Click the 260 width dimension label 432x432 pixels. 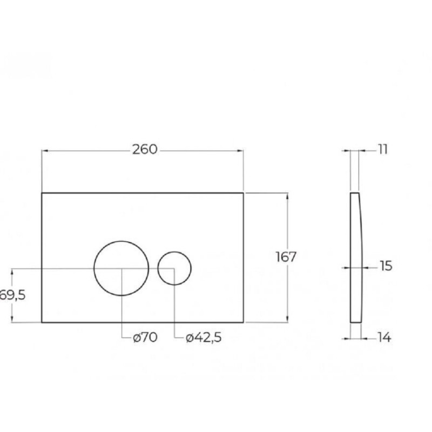[145, 150]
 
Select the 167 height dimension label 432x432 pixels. [286, 257]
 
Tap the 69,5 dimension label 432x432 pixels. [12, 295]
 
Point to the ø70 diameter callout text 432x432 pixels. [145, 337]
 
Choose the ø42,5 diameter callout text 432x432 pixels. [204, 337]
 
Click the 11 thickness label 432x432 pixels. [383, 150]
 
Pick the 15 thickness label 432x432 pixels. [386, 266]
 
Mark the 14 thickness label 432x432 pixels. [384, 337]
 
